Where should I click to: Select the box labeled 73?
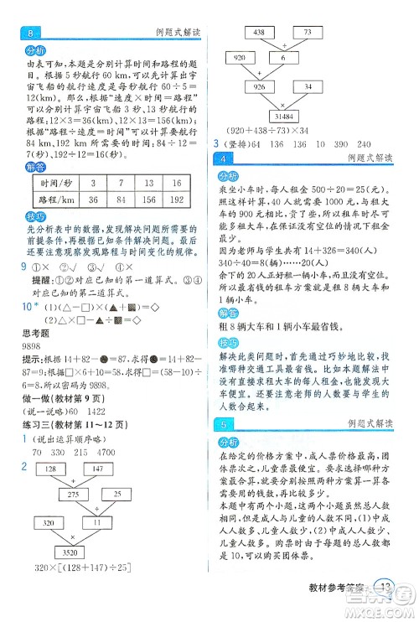(307, 31)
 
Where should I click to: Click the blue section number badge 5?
(225, 423)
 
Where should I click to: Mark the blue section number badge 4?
(225, 158)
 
